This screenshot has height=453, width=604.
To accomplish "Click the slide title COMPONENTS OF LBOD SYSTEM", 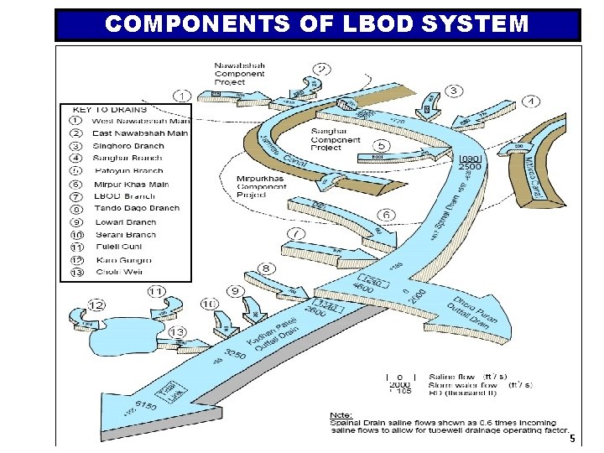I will coord(317,23).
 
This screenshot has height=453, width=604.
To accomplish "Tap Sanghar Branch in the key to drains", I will coord(128,158).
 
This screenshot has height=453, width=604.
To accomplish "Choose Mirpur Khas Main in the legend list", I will coord(131,184).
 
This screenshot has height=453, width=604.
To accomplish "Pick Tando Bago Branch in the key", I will coord(137,208).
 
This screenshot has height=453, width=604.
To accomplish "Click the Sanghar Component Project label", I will coord(336,139).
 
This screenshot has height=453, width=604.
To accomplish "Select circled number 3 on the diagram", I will coord(453,91).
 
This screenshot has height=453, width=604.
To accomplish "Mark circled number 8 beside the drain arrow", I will coord(266,268).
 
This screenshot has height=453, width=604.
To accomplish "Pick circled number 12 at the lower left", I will coord(96,305).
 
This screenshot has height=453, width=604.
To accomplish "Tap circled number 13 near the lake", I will coord(176,333).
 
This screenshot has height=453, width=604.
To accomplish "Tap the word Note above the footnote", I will coord(341,414).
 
